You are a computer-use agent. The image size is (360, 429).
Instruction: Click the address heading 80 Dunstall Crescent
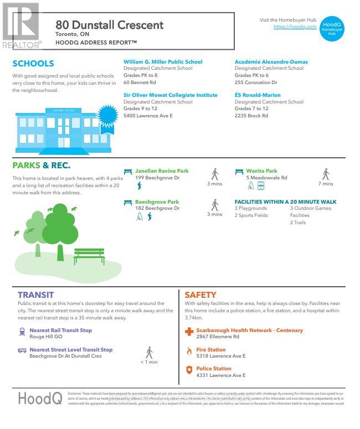[110, 25]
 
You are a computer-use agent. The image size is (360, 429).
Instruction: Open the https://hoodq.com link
[295, 27]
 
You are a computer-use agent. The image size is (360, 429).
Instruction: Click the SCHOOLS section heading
[33, 64]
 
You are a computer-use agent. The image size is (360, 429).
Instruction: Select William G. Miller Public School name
[163, 62]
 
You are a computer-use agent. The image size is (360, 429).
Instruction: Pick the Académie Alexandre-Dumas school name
[271, 62]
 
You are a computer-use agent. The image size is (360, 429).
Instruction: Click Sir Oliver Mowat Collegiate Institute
[170, 95]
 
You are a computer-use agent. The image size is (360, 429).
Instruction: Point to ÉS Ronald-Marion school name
[258, 95]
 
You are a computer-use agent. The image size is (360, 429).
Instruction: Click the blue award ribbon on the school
[107, 117]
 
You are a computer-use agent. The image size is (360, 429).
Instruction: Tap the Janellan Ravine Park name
[162, 171]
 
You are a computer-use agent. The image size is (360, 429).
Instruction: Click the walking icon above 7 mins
[326, 174]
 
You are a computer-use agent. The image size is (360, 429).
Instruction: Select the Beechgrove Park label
[157, 202]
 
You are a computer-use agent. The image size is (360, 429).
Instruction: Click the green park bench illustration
[89, 256]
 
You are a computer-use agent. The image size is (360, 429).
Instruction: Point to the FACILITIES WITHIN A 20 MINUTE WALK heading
[285, 202]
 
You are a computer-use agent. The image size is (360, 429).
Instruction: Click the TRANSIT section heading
[35, 295]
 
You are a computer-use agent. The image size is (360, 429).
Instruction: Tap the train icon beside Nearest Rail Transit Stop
[22, 332]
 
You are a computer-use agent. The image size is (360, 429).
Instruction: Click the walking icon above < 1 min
[149, 352]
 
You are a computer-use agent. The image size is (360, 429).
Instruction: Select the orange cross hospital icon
[189, 332]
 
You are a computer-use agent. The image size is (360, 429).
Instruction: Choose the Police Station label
[213, 369]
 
